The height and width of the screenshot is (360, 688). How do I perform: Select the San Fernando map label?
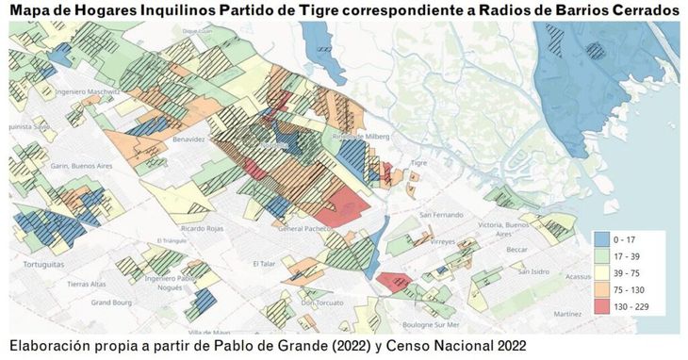pyautogui.click(x=441, y=214)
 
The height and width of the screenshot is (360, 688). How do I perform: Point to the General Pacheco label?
pyautogui.click(x=305, y=229)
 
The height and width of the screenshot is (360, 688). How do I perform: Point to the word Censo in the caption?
pyautogui.click(x=392, y=344)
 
